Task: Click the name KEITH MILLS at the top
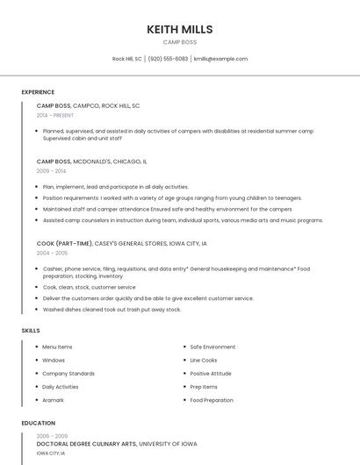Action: pos(180,29)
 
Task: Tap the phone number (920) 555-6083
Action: pos(168,59)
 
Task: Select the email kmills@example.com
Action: pos(220,59)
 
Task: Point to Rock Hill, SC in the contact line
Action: pos(126,59)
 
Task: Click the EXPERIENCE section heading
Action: pos(38,92)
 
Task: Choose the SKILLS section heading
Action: pos(31,331)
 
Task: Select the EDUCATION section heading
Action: pos(38,423)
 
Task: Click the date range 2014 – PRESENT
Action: pos(55,115)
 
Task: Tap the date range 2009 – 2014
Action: pos(51,171)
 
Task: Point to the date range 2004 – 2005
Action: pos(52,253)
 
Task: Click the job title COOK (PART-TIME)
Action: pos(64,243)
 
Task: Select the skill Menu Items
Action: pos(57,347)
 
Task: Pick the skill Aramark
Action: pos(53,400)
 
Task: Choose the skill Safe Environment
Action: pos(212,347)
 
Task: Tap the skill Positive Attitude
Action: pos(211,373)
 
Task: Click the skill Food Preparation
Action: pos(212,400)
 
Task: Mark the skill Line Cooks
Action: pos(204,360)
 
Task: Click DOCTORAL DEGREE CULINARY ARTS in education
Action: pos(86,444)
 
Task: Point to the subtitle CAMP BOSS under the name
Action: pos(180,42)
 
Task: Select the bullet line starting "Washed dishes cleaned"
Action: pos(112,309)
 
